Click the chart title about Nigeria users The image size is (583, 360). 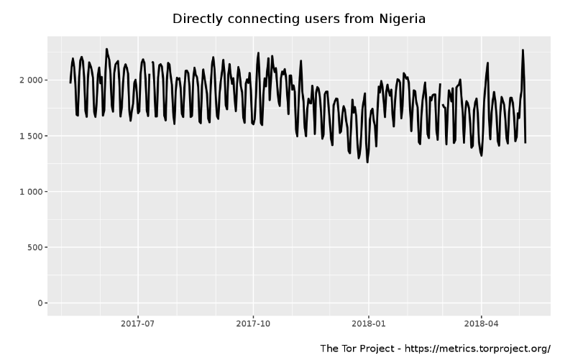[298, 18]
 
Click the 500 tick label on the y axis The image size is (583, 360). [34, 248]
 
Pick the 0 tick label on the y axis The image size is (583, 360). [40, 303]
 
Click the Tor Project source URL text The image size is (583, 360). [477, 349]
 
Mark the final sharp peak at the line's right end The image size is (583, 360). [523, 50]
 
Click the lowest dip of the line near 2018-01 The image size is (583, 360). [367, 162]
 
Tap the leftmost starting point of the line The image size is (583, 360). [70, 83]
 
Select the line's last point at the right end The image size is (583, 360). [525, 142]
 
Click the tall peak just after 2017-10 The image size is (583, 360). [258, 53]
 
